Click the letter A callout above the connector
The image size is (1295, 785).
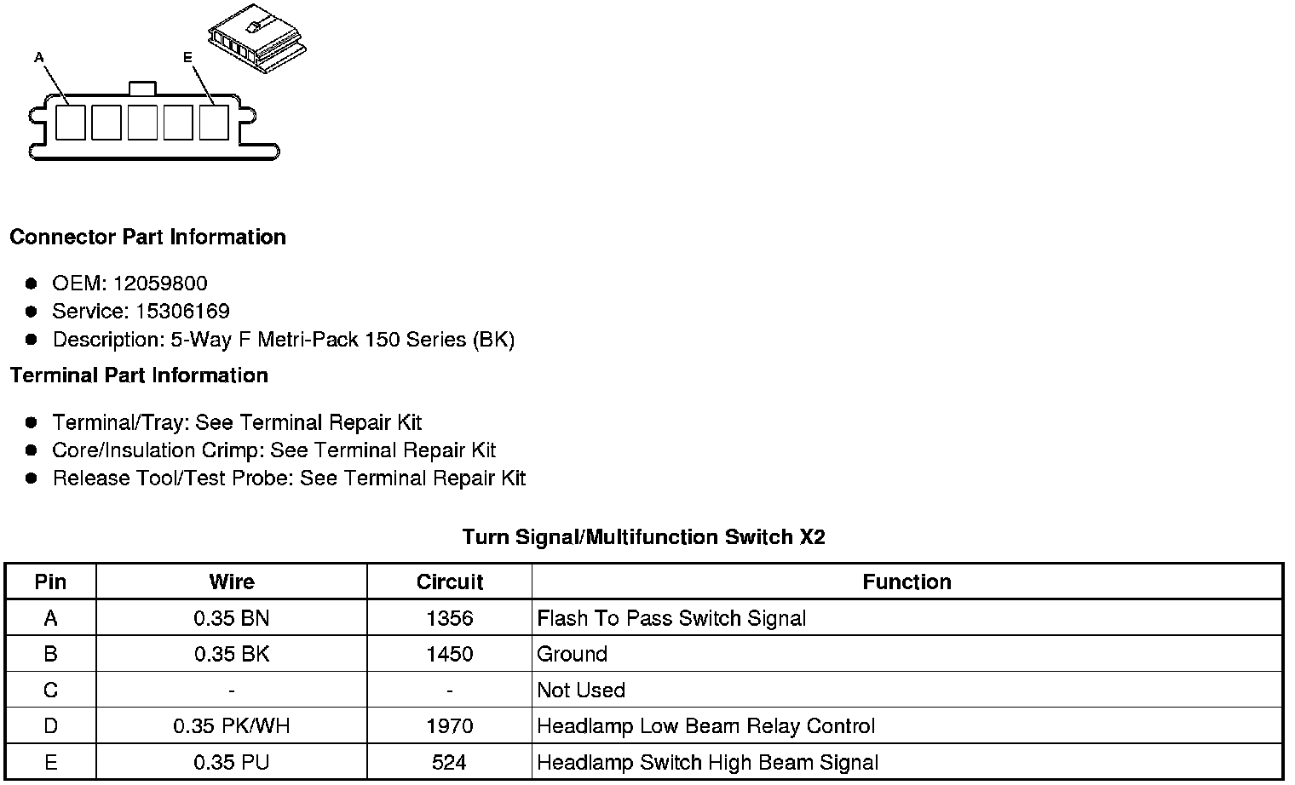[x=39, y=57]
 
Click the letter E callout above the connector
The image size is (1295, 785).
[x=187, y=57]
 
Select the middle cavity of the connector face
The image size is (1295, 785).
[x=142, y=122]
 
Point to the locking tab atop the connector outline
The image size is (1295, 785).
[x=141, y=89]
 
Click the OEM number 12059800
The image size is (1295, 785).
[x=160, y=284]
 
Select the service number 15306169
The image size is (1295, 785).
[x=182, y=312]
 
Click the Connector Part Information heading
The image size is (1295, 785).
[x=147, y=237]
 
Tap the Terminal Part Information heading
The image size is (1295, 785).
[x=139, y=375]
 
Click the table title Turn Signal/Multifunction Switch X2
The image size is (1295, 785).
[x=643, y=537]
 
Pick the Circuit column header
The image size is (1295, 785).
[x=449, y=582]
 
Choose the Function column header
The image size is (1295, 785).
[x=906, y=582]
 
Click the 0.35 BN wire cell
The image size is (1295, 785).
[x=231, y=618]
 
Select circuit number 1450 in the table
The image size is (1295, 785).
[x=449, y=654]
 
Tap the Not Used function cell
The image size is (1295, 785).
[x=581, y=690]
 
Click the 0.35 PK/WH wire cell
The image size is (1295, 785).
[x=231, y=726]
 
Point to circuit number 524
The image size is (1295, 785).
[x=449, y=762]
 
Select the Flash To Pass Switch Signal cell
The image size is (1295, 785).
[x=671, y=618]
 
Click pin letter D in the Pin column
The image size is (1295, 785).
[x=50, y=726]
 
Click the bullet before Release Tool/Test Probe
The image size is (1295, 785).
[x=32, y=478]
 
